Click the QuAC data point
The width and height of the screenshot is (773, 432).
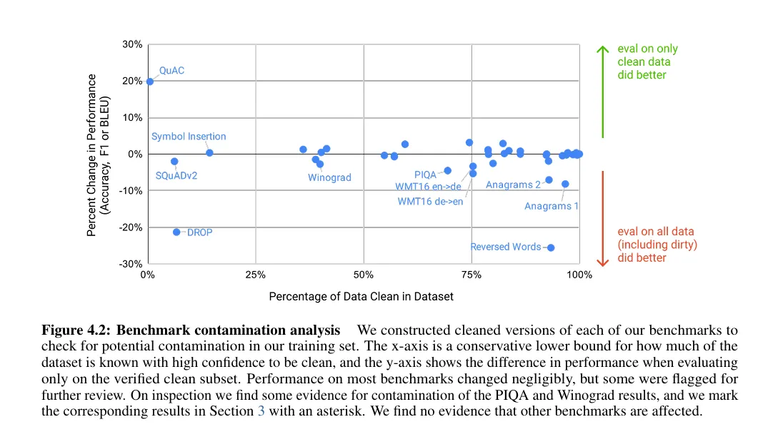click(149, 82)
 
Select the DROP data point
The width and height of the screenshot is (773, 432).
click(176, 232)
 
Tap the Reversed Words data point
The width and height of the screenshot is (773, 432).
click(551, 247)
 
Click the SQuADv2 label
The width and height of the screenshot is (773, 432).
click(176, 175)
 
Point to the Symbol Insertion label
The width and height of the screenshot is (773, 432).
click(189, 137)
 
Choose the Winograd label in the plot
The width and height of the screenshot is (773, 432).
click(329, 177)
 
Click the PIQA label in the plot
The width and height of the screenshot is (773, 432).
click(424, 175)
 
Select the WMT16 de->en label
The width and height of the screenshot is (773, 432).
click(430, 201)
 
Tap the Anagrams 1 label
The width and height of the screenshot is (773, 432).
click(551, 206)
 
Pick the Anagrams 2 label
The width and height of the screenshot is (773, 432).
click(513, 185)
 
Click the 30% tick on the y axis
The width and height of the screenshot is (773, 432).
click(133, 44)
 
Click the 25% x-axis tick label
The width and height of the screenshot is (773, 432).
click(255, 275)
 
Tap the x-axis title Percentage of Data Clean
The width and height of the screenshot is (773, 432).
click(361, 296)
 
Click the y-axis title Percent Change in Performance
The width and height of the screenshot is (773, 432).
click(99, 154)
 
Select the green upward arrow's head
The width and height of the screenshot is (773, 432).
click(602, 48)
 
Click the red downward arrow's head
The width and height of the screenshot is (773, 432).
click(602, 262)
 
